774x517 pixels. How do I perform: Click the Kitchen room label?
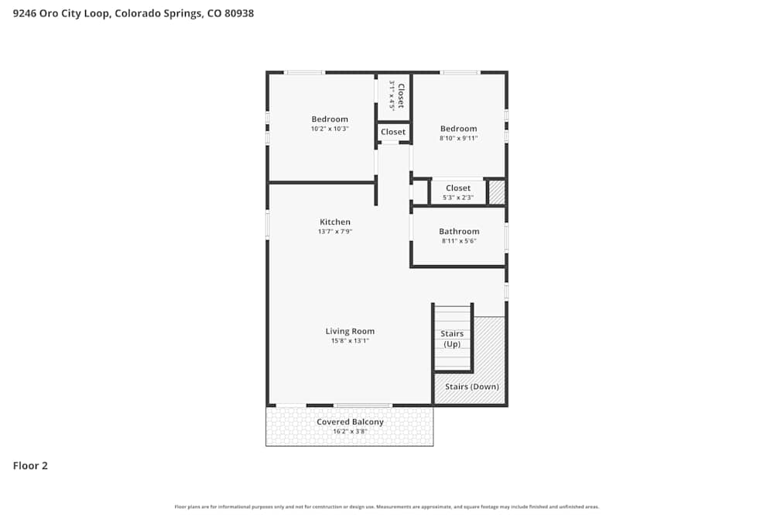(x=335, y=222)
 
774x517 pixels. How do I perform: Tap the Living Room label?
(x=350, y=331)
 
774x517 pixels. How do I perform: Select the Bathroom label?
(x=459, y=231)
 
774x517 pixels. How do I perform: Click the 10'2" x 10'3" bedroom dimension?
(x=330, y=129)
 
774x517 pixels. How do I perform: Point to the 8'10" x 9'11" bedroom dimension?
(x=459, y=138)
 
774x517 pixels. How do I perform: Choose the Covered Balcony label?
(x=350, y=422)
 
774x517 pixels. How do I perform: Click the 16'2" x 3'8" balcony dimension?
(x=350, y=431)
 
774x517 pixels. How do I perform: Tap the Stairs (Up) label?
(x=452, y=339)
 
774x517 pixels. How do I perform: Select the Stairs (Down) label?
(x=472, y=386)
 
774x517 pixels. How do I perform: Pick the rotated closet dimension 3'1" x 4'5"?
(x=392, y=96)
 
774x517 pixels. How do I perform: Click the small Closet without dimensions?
(x=393, y=132)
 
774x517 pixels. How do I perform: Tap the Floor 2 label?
(x=30, y=466)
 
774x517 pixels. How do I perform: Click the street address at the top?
(x=133, y=13)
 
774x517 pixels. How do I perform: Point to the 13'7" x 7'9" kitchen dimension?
(x=335, y=231)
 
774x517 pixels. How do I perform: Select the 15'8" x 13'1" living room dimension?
(x=350, y=340)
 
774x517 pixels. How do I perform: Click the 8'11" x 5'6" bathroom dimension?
(x=459, y=240)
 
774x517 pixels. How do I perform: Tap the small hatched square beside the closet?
(x=497, y=191)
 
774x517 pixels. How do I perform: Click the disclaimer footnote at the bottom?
(x=387, y=507)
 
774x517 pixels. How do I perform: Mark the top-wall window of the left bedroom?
(x=304, y=73)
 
